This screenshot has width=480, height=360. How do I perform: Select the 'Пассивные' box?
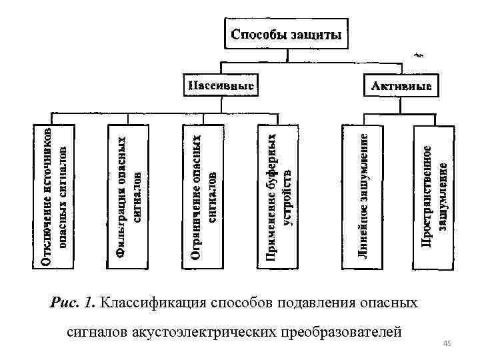tap(220, 86)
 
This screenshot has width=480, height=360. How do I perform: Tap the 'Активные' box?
tap(401, 86)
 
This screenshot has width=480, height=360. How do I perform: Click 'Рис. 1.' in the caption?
tap(73, 303)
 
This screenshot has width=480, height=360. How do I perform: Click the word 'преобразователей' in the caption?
tap(342, 331)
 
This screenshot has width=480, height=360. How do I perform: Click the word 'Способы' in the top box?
tap(260, 35)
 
